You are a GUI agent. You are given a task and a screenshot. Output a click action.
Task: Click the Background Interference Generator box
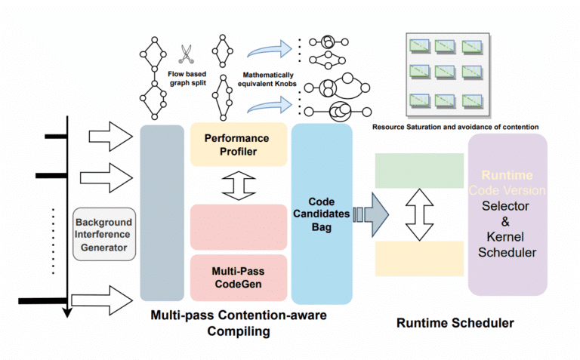[103, 233]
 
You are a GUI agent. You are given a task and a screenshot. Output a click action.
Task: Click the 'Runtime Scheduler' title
[455, 323]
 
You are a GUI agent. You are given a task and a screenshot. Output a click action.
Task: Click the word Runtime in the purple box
[506, 174]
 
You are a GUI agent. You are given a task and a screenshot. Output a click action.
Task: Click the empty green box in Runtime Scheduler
[419, 171]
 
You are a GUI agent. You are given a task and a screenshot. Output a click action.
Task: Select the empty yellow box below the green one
[419, 259]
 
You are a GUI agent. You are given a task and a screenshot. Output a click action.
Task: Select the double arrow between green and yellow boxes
[419, 214]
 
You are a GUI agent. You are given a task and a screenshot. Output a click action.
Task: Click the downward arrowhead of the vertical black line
[68, 312]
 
